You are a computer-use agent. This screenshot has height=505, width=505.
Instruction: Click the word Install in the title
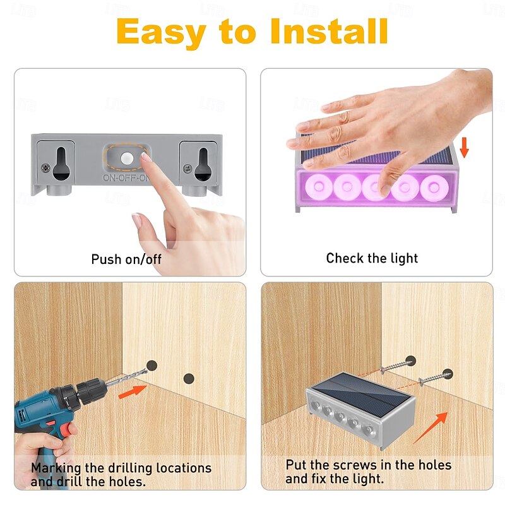[x=329, y=31]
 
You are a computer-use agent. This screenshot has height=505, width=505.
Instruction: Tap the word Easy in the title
[x=161, y=33]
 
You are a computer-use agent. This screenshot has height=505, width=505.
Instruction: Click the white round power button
[x=127, y=158]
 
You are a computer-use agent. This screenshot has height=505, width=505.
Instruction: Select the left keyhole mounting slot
[x=61, y=163]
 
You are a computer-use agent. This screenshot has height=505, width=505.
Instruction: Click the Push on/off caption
[x=126, y=259]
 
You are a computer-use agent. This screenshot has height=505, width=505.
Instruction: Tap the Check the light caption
[x=372, y=258]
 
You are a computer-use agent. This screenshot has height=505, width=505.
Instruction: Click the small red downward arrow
[x=464, y=147]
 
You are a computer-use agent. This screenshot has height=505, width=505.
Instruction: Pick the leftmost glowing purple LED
[x=319, y=186]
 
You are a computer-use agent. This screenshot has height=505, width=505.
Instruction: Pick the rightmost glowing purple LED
[x=434, y=187]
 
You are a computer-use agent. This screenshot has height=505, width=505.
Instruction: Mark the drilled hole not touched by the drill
[x=189, y=378]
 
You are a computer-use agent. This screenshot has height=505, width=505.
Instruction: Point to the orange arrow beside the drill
[x=133, y=391]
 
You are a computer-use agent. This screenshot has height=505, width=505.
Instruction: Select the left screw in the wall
[x=397, y=366]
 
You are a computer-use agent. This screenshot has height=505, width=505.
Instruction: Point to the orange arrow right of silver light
[x=431, y=427]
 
